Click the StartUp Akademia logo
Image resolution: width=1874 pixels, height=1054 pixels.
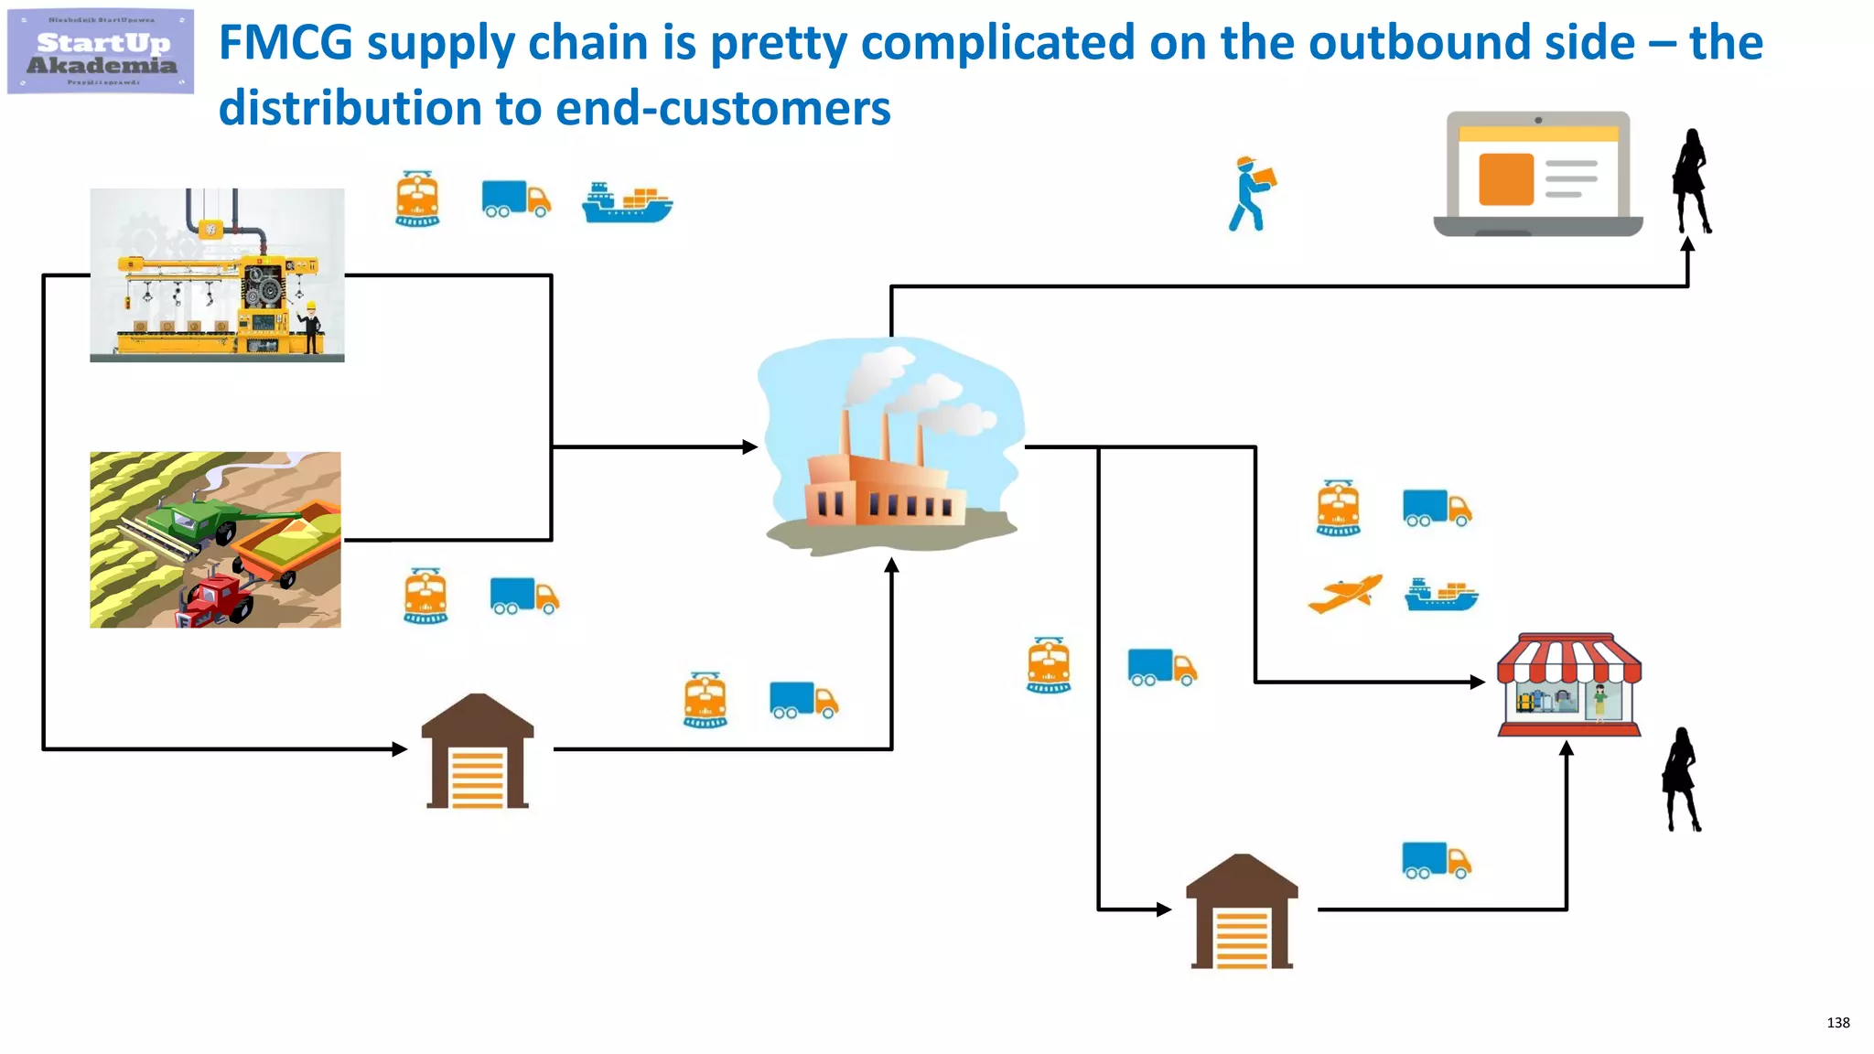(101, 52)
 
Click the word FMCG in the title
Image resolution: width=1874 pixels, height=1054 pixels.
(285, 43)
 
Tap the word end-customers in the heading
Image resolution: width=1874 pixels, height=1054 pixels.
(723, 109)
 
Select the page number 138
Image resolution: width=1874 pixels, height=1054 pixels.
(1837, 1022)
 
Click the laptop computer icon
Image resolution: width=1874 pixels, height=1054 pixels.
(1537, 174)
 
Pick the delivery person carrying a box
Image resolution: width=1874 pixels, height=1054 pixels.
(1251, 193)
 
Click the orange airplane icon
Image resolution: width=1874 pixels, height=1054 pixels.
(1344, 595)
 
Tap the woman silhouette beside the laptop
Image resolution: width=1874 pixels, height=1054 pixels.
(1691, 181)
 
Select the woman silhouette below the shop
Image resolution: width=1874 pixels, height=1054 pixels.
(1681, 780)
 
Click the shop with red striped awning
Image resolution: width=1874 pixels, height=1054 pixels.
(1568, 684)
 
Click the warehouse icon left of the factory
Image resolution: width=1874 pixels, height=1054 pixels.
(478, 752)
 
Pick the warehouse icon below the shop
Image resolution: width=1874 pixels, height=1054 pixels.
(1242, 912)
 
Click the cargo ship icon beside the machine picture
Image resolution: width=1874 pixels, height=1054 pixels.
(627, 203)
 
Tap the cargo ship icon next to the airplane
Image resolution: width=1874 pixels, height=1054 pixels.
(1441, 596)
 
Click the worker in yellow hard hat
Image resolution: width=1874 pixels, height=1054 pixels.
(311, 327)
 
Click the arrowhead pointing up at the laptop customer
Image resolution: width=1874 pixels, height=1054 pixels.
(1687, 245)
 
